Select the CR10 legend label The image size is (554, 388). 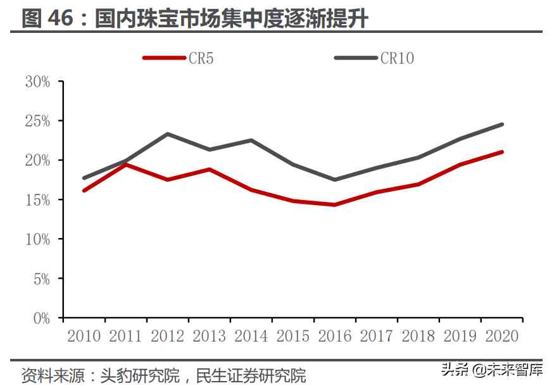[x=397, y=58]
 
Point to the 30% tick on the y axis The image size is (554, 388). [x=37, y=81]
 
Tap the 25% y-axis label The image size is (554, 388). [x=37, y=120]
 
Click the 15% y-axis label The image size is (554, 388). [x=37, y=199]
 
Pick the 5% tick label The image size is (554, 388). [x=41, y=278]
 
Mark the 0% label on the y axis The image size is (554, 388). [x=41, y=318]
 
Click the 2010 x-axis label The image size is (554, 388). [x=84, y=335]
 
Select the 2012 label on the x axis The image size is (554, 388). [x=167, y=335]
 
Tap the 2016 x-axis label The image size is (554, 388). [x=335, y=335]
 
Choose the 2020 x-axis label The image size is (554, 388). [x=502, y=335]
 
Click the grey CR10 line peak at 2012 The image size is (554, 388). [x=168, y=134]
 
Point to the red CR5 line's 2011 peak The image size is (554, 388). [x=126, y=165]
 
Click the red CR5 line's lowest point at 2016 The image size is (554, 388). [x=335, y=204]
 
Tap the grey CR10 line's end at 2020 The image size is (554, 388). [x=502, y=124]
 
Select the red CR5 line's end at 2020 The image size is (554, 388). [x=502, y=152]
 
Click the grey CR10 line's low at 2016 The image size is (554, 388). [x=335, y=180]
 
